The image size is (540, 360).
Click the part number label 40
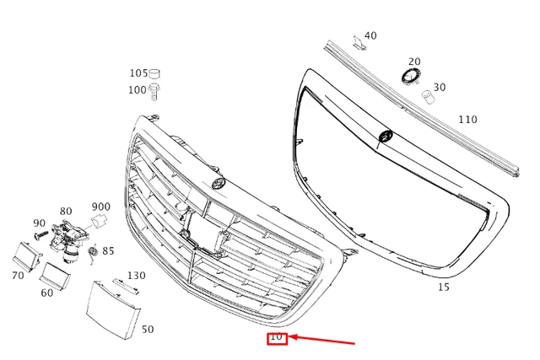pyautogui.click(x=370, y=35)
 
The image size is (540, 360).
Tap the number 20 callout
pyautogui.click(x=414, y=62)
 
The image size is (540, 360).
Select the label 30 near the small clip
pyautogui.click(x=440, y=87)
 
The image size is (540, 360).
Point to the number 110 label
pyautogui.click(x=467, y=120)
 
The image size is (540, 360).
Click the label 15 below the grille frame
pyautogui.click(x=444, y=287)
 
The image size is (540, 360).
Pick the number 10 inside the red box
pyautogui.click(x=277, y=337)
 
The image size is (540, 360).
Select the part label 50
pyautogui.click(x=148, y=329)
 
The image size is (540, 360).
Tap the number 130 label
pyautogui.click(x=136, y=276)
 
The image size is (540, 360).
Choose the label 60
pyautogui.click(x=47, y=293)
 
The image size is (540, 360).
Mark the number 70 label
pyautogui.click(x=18, y=275)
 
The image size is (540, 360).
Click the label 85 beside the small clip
pyautogui.click(x=108, y=250)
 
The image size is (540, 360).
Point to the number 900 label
pyautogui.click(x=101, y=207)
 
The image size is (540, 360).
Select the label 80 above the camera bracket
pyautogui.click(x=66, y=211)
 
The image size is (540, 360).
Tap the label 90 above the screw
pyautogui.click(x=39, y=223)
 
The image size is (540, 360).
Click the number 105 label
pyautogui.click(x=138, y=73)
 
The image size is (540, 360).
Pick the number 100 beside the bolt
pyautogui.click(x=137, y=89)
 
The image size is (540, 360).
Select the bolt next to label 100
pyautogui.click(x=156, y=89)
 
